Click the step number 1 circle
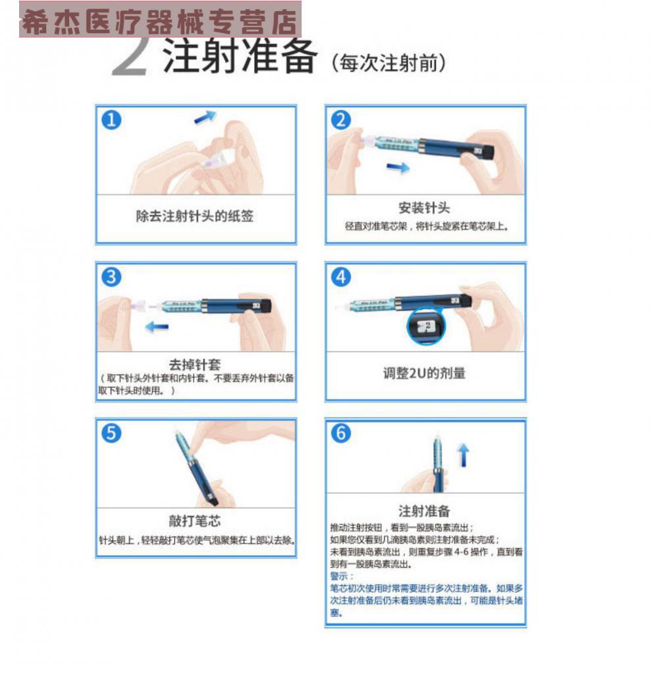(112, 120)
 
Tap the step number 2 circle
(341, 120)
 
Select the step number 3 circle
(112, 278)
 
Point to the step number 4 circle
(341, 278)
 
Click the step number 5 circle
(112, 433)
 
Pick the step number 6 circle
(341, 433)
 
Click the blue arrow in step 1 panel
(205, 117)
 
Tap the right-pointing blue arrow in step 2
(397, 168)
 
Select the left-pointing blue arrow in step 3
(157, 326)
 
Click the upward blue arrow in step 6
(464, 455)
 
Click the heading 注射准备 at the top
(240, 57)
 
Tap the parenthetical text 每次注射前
(391, 63)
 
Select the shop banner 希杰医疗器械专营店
(160, 20)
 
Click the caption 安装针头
(424, 208)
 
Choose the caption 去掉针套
(195, 364)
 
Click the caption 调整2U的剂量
(425, 373)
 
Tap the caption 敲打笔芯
(195, 520)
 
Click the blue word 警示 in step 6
(341, 576)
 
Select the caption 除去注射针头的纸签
(195, 216)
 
